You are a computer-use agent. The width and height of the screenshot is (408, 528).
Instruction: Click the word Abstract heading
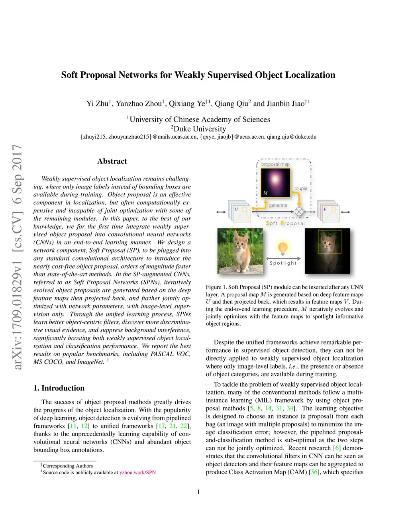pyautogui.click(x=112, y=161)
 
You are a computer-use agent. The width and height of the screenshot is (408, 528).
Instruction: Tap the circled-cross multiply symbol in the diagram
pyautogui.click(x=299, y=212)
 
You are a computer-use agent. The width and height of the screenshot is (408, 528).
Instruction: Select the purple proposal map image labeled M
pyautogui.click(x=275, y=183)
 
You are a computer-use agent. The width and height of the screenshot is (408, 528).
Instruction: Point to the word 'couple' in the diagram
pyautogui.click(x=300, y=188)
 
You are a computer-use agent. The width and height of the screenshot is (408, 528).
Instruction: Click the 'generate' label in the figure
pyautogui.click(x=278, y=205)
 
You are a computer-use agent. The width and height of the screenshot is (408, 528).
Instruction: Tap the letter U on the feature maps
pyautogui.click(x=236, y=210)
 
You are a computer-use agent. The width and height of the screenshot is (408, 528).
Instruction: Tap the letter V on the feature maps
pyautogui.click(x=325, y=210)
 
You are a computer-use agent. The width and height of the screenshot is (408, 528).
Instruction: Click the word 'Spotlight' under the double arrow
pyautogui.click(x=283, y=263)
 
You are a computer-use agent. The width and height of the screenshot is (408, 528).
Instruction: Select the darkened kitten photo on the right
pyautogui.click(x=327, y=251)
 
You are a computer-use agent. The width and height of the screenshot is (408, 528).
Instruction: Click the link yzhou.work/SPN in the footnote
pyautogui.click(x=137, y=473)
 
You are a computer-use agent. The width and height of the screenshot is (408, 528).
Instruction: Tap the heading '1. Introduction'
pyautogui.click(x=59, y=388)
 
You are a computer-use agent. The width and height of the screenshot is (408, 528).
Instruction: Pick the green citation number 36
pyautogui.click(x=314, y=472)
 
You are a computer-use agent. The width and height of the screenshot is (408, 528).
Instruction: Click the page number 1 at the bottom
pyautogui.click(x=198, y=492)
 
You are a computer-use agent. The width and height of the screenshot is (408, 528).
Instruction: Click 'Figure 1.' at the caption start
pyautogui.click(x=216, y=287)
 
